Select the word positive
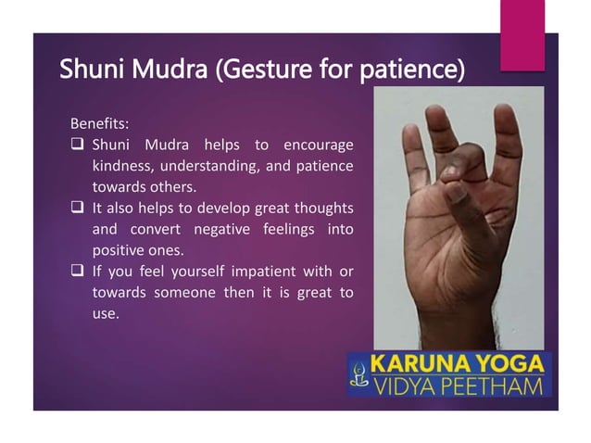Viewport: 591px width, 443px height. (x=119, y=250)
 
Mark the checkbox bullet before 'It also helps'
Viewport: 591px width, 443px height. (x=77, y=208)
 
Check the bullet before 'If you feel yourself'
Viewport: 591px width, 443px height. (x=77, y=272)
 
